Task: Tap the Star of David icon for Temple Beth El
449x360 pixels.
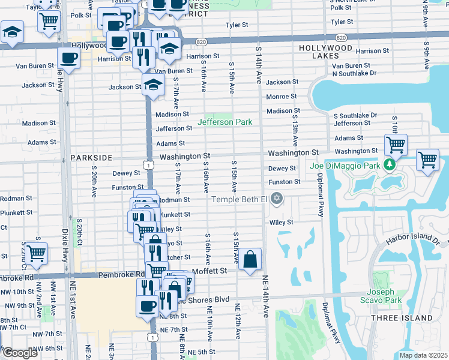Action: pos(276,198)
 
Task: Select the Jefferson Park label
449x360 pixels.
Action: pos(226,122)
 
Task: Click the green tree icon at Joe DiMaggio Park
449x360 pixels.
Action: pos(390,164)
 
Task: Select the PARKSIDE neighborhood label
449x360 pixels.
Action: pos(91,157)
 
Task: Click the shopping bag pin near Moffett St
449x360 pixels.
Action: pos(252,260)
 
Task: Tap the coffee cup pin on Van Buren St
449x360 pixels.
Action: pos(68,58)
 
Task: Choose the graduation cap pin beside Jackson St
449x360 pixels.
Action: pos(153,85)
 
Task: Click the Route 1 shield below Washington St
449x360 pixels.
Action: pos(148,164)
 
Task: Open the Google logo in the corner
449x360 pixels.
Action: pos(20,353)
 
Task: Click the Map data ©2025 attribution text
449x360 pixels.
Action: pos(423,355)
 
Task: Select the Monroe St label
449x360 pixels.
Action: pos(282,97)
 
